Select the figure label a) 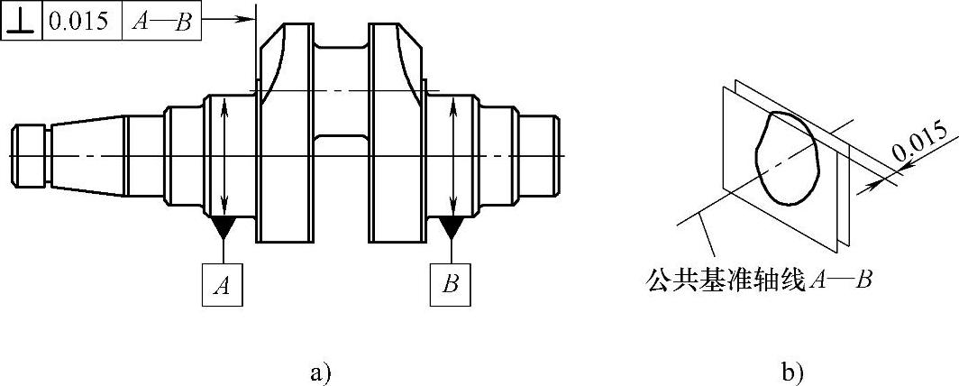pyautogui.click(x=320, y=371)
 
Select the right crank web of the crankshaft pyautogui.click(x=397, y=135)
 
